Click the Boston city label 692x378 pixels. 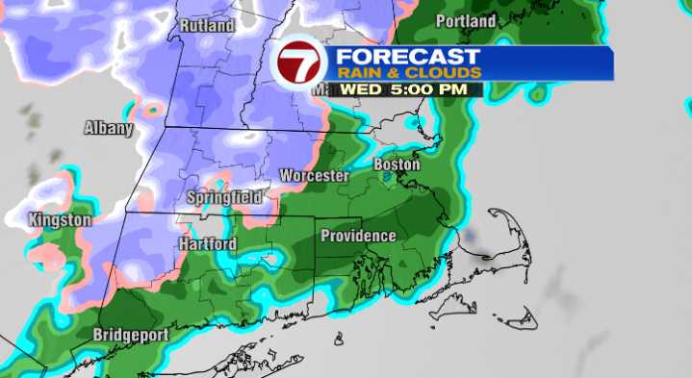pos(397,164)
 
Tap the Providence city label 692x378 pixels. pos(358,236)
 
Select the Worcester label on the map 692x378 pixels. pos(314,176)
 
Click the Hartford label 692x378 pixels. pos(207,244)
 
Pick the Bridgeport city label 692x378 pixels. pos(131,335)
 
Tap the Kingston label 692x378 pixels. pos(60,219)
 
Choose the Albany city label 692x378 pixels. pos(108,127)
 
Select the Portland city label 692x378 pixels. pos(466,20)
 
